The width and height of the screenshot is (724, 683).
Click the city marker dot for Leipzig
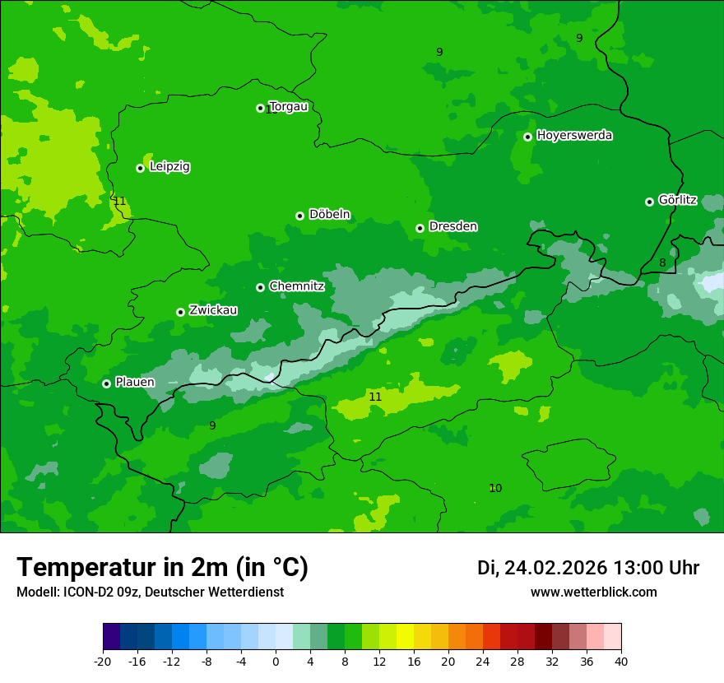pyautogui.click(x=140, y=168)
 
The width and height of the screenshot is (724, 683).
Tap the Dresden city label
pyautogui.click(x=452, y=226)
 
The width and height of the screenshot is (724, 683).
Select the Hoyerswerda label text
pyautogui.click(x=574, y=135)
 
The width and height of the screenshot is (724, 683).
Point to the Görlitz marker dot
pyautogui.click(x=649, y=202)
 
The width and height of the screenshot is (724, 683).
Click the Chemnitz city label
pyautogui.click(x=296, y=286)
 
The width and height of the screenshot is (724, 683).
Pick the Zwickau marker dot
pyautogui.click(x=180, y=312)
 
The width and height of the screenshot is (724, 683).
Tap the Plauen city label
pyautogui.click(x=135, y=382)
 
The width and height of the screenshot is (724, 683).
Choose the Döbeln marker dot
pyautogui.click(x=299, y=216)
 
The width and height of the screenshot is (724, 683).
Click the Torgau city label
pyautogui.click(x=288, y=106)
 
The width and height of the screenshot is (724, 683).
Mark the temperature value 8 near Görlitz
pyautogui.click(x=662, y=263)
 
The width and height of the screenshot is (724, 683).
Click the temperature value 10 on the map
pyautogui.click(x=495, y=488)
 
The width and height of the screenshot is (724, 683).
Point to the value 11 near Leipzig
pyautogui.click(x=120, y=201)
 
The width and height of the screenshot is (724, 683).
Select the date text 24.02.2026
pyautogui.click(x=555, y=568)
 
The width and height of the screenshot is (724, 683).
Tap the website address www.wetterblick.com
pyautogui.click(x=593, y=592)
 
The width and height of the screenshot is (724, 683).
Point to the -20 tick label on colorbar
pyautogui.click(x=103, y=661)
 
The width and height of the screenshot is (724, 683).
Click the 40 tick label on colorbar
pyautogui.click(x=621, y=661)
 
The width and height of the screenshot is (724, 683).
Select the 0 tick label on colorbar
pyautogui.click(x=276, y=661)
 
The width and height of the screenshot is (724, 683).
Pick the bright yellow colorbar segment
pyautogui.click(x=405, y=637)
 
